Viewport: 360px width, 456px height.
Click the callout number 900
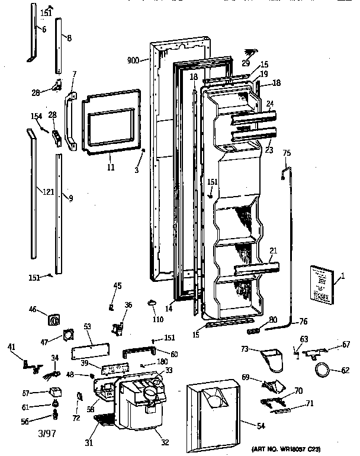(133, 60)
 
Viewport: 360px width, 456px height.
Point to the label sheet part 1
(320, 285)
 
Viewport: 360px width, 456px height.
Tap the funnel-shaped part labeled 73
(274, 358)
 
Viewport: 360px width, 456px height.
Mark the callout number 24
(270, 103)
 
